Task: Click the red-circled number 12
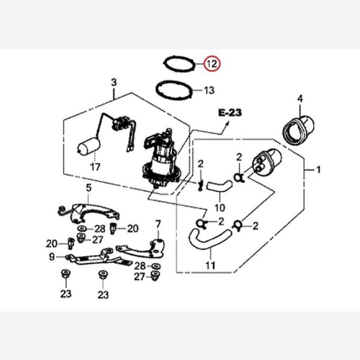click(212, 63)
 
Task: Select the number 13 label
click(208, 91)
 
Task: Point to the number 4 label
click(300, 98)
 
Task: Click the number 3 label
click(113, 82)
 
